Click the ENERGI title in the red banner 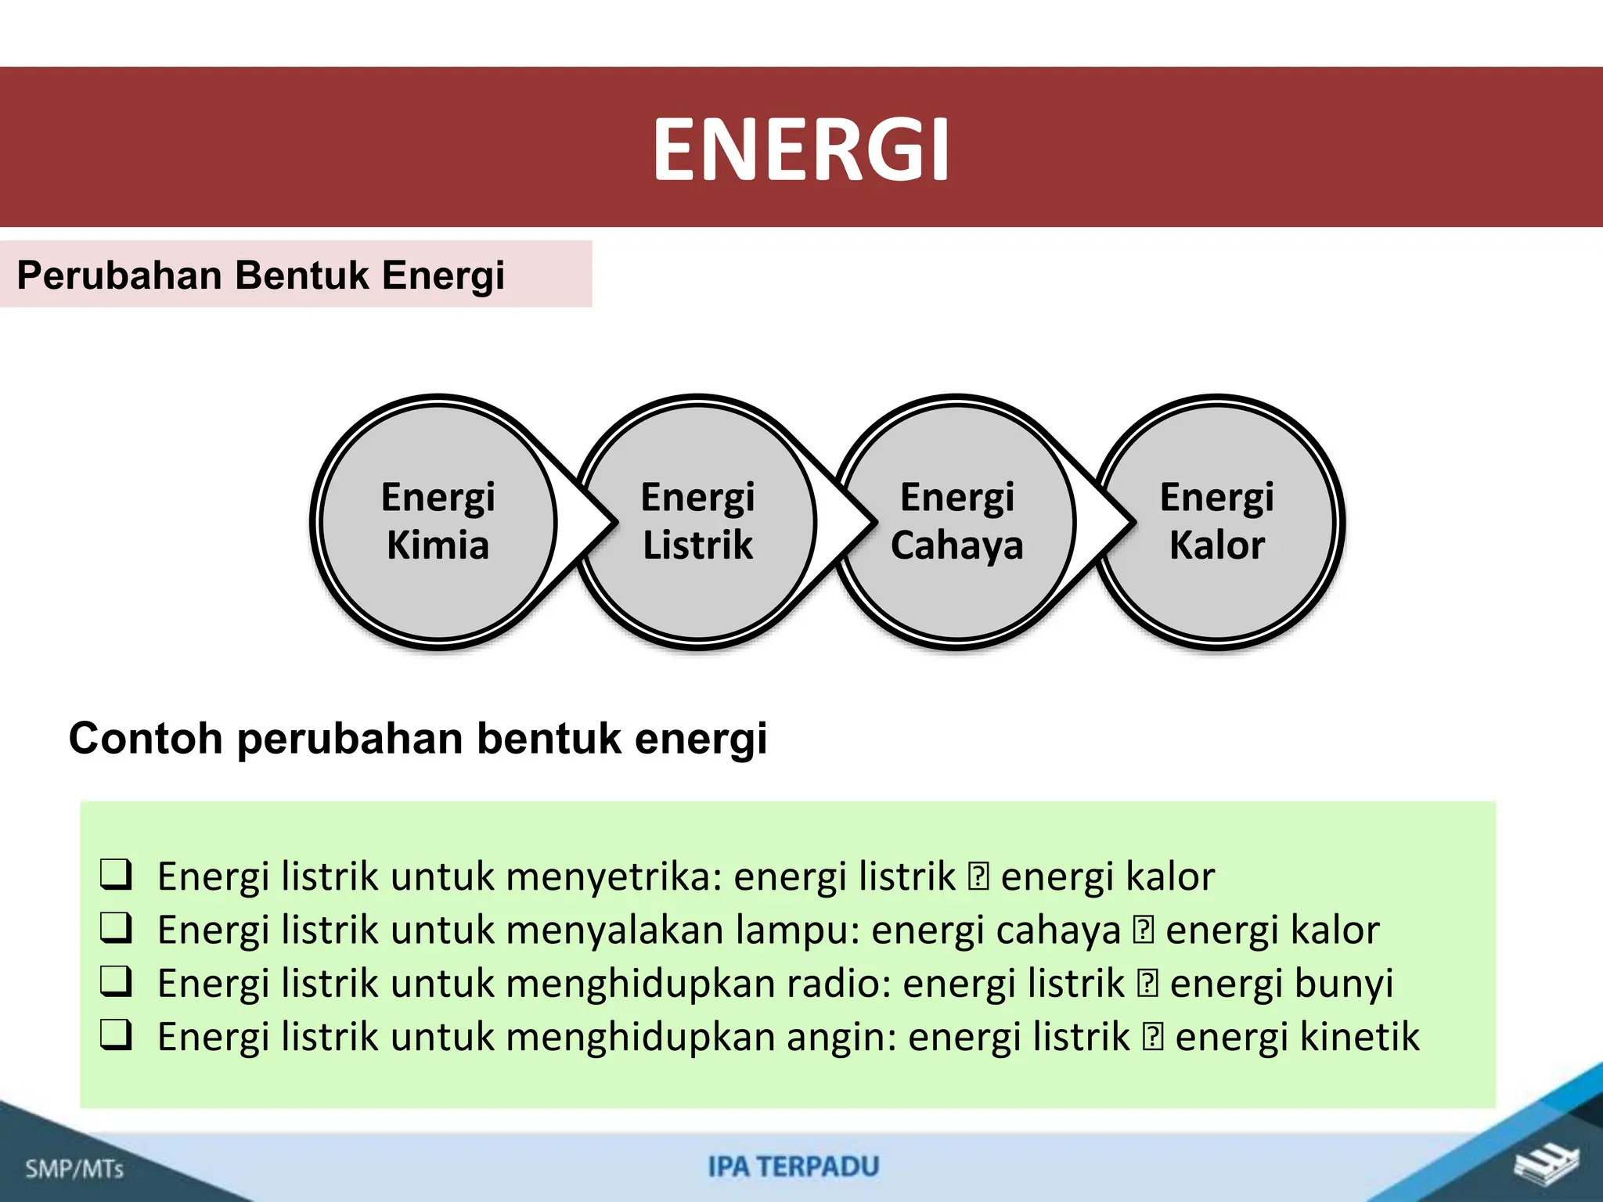pos(801,149)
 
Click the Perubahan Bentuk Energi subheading pos(261,275)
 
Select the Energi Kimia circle pos(438,521)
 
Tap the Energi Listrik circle pos(697,521)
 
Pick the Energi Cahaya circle pos(956,521)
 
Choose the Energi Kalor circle pos(1216,521)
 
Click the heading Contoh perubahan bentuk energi pos(418,738)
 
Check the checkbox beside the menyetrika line pos(116,874)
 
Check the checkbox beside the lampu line pos(116,928)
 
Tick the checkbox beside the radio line pos(116,981)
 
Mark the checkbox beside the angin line pos(116,1035)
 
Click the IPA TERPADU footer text pos(794,1167)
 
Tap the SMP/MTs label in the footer pos(74,1169)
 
